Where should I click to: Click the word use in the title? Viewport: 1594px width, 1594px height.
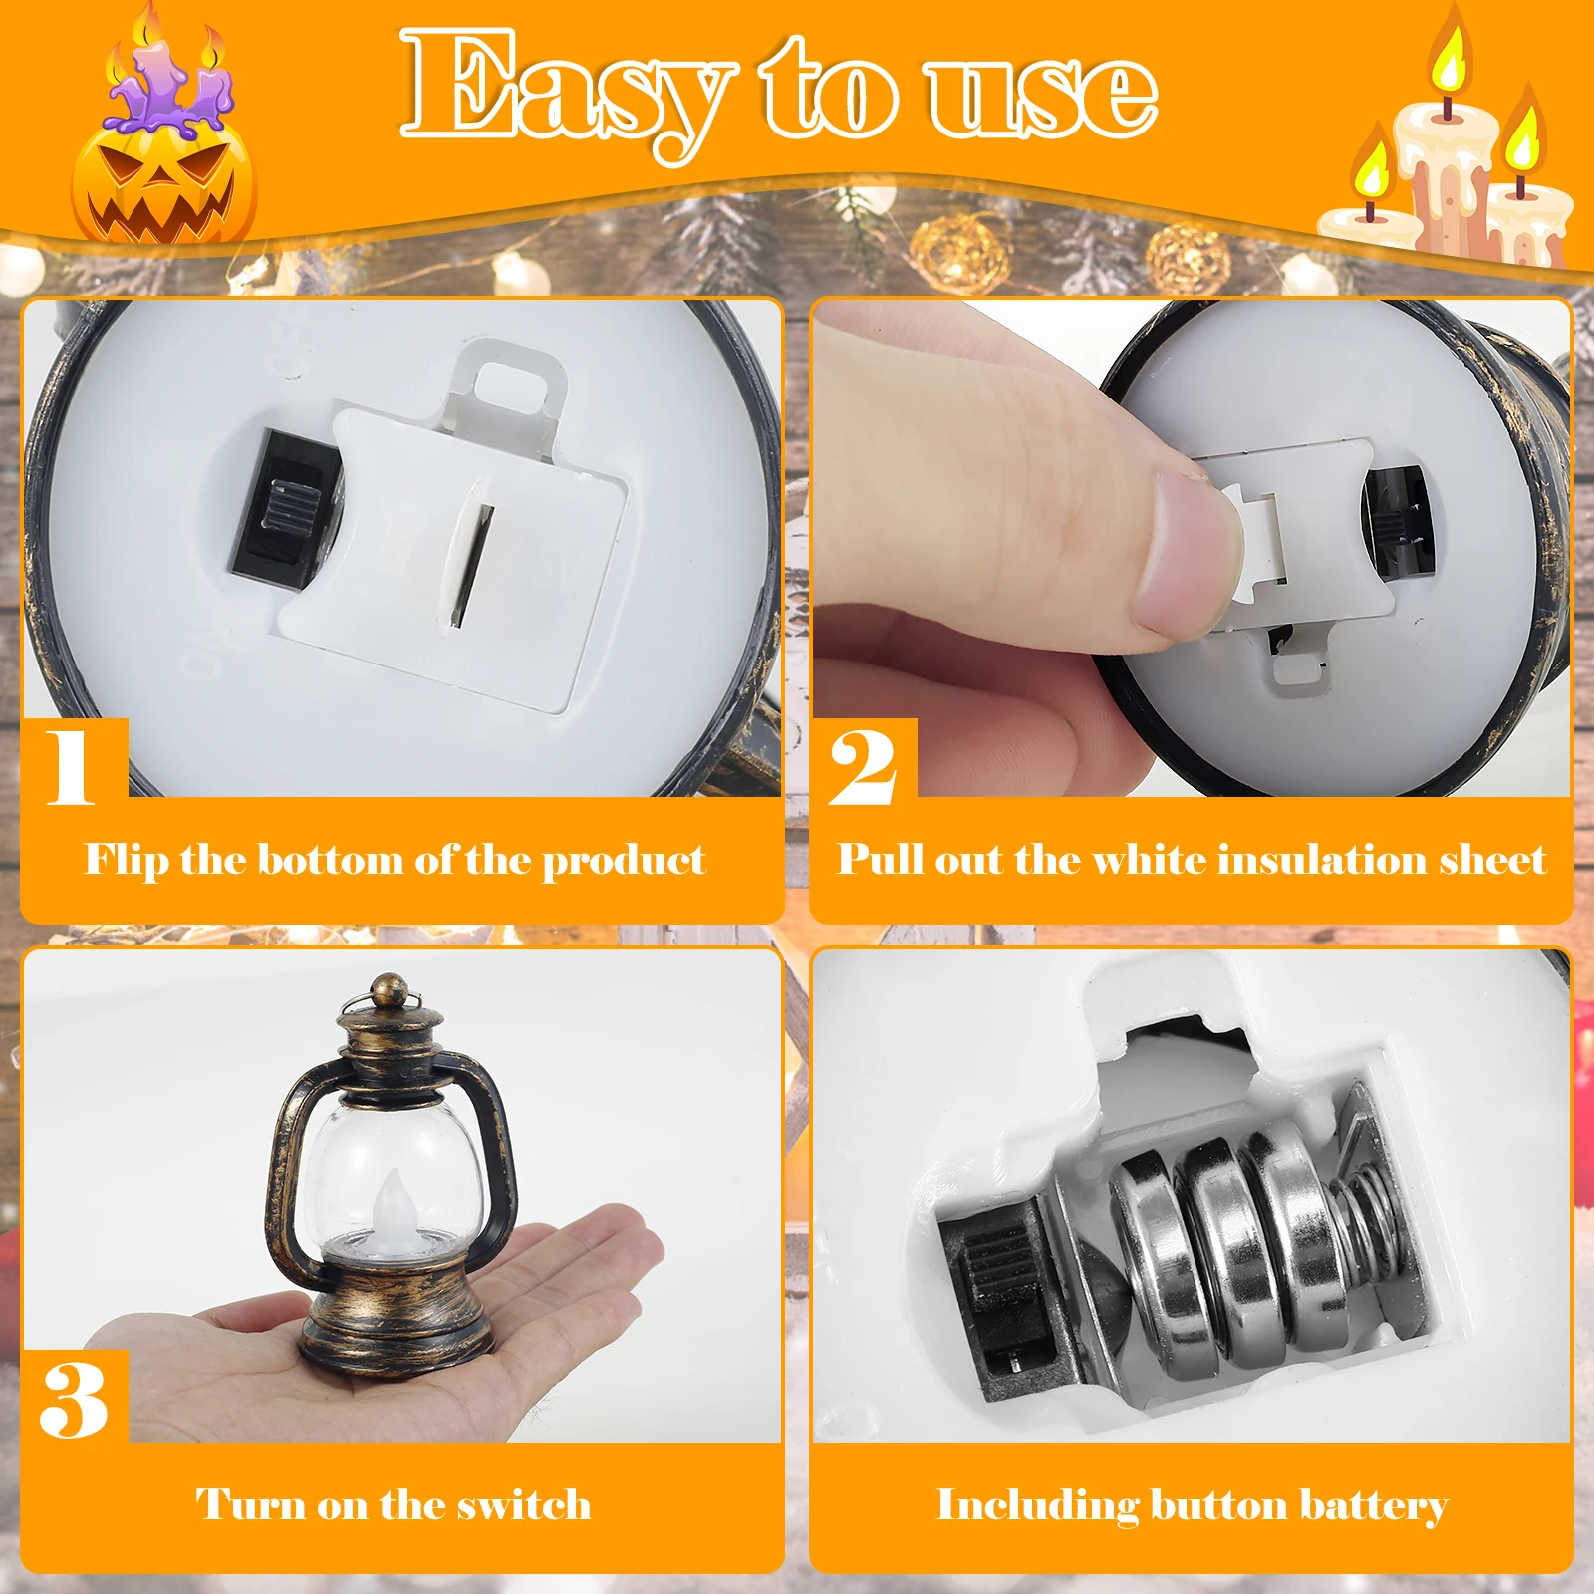click(x=1041, y=92)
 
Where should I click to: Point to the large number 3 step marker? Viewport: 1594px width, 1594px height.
click(x=74, y=1399)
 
